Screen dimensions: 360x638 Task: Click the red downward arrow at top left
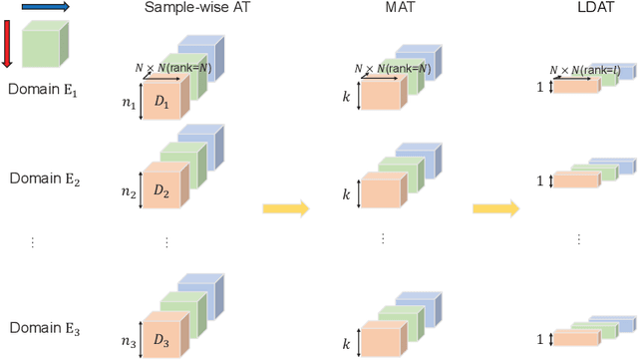7,43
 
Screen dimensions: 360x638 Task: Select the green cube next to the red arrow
44,46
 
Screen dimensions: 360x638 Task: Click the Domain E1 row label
42,89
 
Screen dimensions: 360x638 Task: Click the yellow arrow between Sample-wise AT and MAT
286,208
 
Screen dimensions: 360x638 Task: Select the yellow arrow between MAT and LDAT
496,208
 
